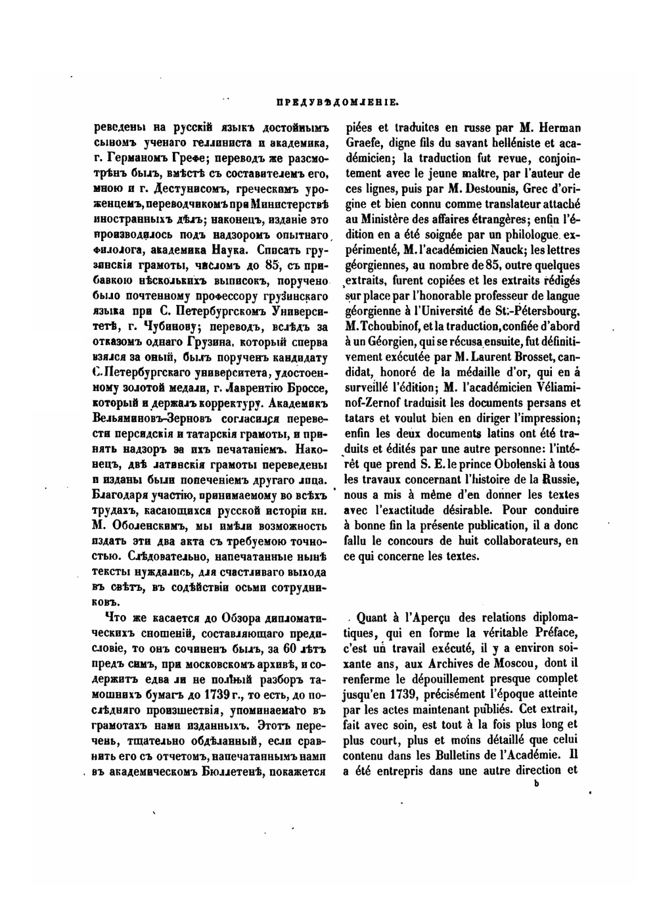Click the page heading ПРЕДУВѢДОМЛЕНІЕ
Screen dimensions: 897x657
[x=334, y=103]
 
